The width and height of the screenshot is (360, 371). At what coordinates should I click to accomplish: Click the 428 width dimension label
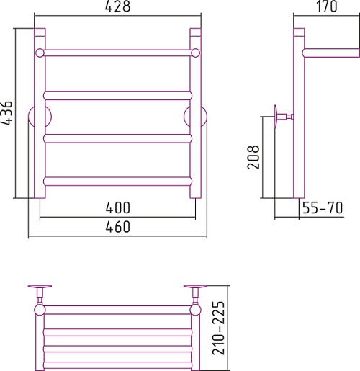[x=118, y=6]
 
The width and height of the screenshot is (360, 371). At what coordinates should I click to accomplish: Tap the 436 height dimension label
[x=6, y=113]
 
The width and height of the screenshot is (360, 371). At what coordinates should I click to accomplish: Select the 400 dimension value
[x=118, y=207]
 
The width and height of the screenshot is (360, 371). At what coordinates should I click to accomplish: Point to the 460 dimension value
[x=118, y=227]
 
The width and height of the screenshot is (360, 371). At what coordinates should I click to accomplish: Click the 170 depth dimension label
[x=327, y=6]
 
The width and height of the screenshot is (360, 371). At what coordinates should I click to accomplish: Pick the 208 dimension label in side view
[x=253, y=157]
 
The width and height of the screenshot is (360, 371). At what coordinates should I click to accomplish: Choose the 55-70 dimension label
[x=323, y=208]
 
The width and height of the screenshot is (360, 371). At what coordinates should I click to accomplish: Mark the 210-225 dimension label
[x=219, y=328]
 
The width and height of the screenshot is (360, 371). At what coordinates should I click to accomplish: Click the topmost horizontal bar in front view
[x=117, y=53]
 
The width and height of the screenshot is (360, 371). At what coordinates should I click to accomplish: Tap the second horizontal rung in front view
[x=118, y=96]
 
